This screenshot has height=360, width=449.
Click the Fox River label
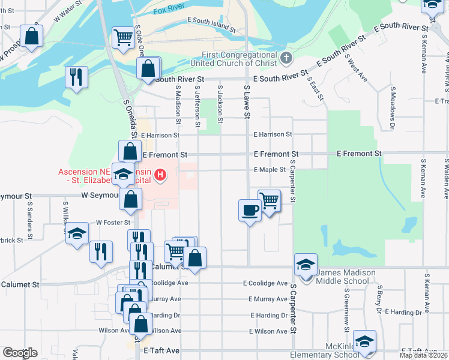[168, 11]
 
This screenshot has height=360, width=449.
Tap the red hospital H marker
[160, 175]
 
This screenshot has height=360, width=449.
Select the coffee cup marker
[250, 210]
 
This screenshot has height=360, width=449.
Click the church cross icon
[286, 59]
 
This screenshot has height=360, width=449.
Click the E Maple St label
[269, 170]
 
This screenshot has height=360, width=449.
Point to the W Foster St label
[113, 221]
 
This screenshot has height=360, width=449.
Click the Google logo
[20, 353]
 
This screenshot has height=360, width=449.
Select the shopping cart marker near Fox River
[123, 38]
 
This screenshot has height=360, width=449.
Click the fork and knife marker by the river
[76, 76]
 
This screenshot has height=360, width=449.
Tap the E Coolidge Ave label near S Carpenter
[265, 283]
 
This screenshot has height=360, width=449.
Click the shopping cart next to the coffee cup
[269, 200]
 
